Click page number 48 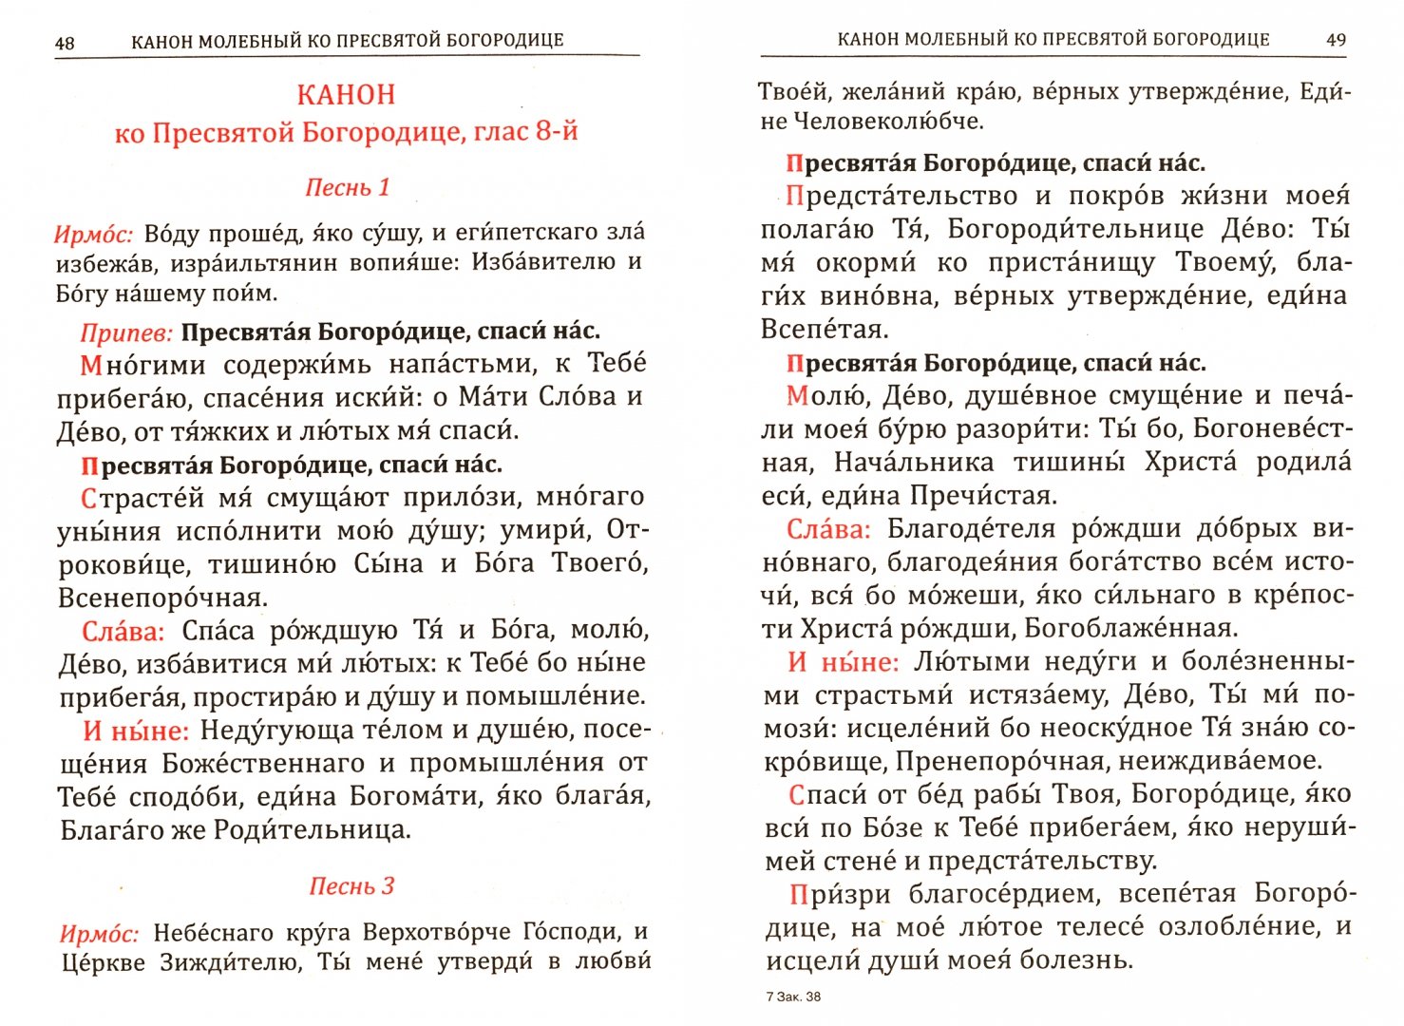click(x=65, y=43)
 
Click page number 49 click(x=1336, y=40)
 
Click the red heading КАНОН click(x=346, y=95)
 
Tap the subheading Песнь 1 click(x=348, y=187)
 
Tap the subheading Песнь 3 click(x=351, y=886)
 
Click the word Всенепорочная click(x=163, y=598)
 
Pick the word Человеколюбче click(x=888, y=122)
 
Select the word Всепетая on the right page click(x=825, y=330)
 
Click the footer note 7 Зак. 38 click(x=793, y=997)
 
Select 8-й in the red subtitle click(x=556, y=131)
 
